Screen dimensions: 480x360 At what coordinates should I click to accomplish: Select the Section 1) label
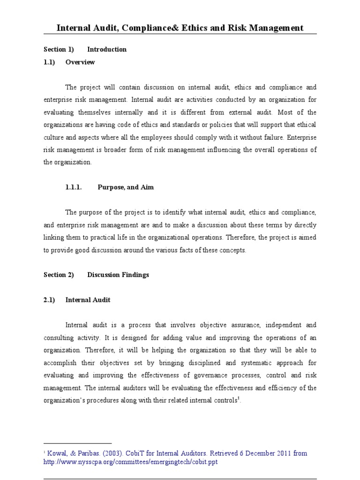point(59,49)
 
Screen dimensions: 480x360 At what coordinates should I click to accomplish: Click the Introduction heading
point(107,49)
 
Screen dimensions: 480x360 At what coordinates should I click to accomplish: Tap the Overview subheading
point(80,62)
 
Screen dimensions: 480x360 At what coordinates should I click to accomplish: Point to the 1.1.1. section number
point(74,187)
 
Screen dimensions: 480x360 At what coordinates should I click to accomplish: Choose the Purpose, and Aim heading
point(126,187)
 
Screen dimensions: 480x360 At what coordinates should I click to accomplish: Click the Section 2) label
point(59,275)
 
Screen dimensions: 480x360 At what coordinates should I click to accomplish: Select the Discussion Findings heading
point(118,275)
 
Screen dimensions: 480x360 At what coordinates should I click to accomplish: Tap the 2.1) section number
point(50,300)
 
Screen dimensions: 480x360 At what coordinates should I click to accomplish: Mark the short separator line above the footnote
point(77,443)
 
